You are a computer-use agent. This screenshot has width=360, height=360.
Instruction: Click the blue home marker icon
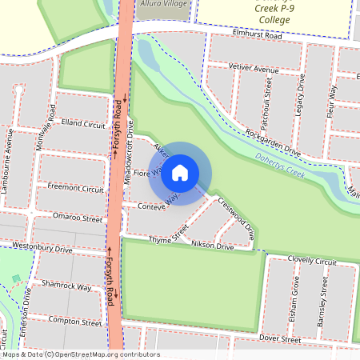pos(180,173)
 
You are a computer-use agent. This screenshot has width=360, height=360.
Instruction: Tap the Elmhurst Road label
pos(258,36)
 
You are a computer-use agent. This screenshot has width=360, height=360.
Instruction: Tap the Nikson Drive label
pos(213,247)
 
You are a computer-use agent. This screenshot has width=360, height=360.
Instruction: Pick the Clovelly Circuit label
pos(314,261)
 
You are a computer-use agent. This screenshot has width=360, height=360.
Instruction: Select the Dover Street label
pos(280,339)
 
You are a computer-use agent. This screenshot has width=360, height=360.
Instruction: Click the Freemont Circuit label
pos(75,189)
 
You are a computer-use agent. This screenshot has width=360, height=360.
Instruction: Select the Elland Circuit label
pos(82,125)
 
